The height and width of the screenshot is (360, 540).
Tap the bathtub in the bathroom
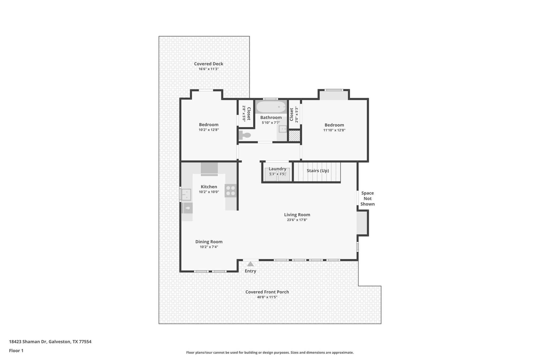click(x=271, y=107)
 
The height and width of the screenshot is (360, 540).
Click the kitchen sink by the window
click(x=186, y=195)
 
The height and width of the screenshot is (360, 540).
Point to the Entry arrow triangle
click(x=250, y=264)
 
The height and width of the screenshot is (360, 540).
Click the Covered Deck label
click(x=209, y=64)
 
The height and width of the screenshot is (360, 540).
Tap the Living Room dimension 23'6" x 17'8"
click(x=297, y=220)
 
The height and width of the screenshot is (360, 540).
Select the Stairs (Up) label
click(x=317, y=171)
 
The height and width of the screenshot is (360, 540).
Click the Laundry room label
click(x=277, y=169)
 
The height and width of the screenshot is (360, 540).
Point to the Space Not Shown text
click(x=367, y=199)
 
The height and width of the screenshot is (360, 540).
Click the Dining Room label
click(x=209, y=242)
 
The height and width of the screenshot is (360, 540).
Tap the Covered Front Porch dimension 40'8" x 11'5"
click(x=267, y=297)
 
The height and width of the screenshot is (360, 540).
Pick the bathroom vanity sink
click(x=283, y=129)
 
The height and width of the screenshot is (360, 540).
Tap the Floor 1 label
click(x=16, y=351)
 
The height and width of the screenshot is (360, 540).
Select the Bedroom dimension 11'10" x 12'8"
click(x=334, y=130)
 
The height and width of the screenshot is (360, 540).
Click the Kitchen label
click(x=209, y=187)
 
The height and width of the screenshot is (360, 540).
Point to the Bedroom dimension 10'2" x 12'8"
click(x=209, y=130)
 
